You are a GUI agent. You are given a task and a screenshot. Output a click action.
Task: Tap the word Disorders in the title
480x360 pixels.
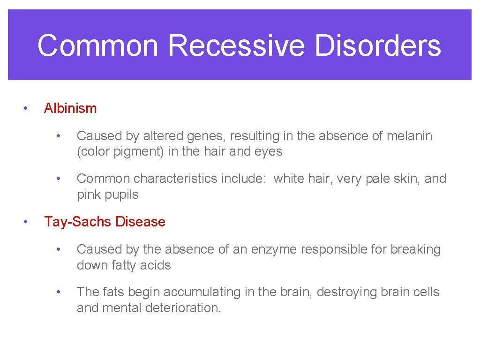pyautogui.click(x=378, y=45)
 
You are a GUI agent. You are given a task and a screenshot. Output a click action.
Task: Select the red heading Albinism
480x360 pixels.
pyautogui.click(x=70, y=108)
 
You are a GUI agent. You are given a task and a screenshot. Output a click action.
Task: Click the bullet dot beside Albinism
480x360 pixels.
pyautogui.click(x=26, y=108)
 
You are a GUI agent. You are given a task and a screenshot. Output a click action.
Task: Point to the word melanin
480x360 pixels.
pyautogui.click(x=409, y=136)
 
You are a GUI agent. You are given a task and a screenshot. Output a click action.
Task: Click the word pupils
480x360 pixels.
pyautogui.click(x=121, y=195)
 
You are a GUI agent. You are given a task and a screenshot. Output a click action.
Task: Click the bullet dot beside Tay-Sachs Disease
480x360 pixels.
pyautogui.click(x=26, y=222)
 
